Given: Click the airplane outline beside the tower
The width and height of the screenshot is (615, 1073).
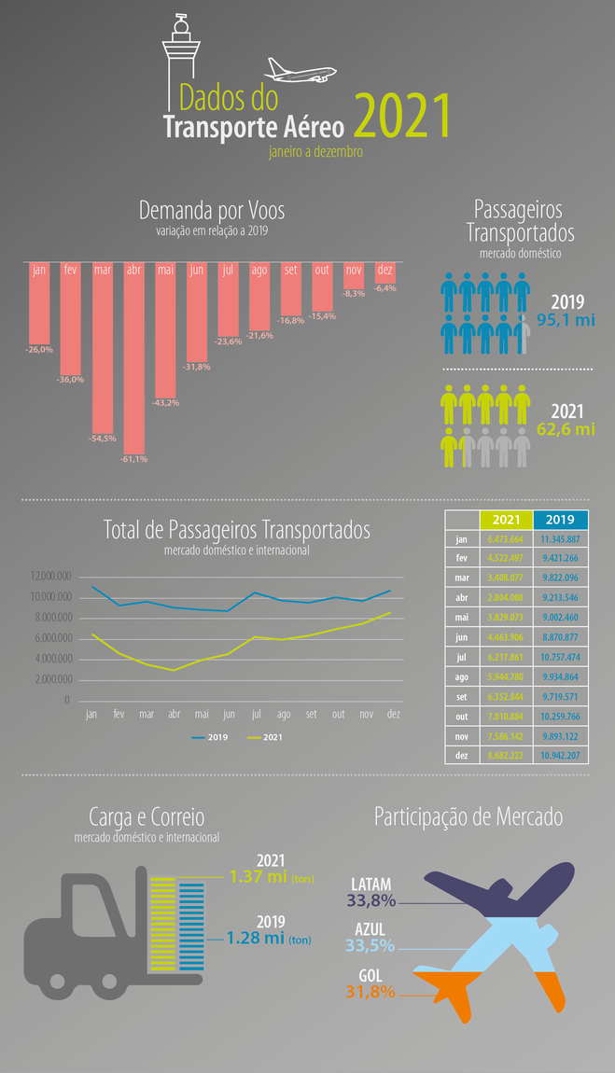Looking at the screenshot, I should [300, 71].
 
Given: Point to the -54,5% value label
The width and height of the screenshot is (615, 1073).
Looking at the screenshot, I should [102, 439].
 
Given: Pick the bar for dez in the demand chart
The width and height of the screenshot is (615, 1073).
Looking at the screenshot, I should [384, 272].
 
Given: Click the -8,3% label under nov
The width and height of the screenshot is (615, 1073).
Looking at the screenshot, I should [354, 294].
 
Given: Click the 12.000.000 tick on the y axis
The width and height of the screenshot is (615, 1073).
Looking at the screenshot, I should [44, 577].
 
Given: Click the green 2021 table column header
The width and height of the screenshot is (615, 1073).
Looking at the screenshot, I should [505, 520].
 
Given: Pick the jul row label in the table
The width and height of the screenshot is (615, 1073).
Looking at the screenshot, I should [461, 657].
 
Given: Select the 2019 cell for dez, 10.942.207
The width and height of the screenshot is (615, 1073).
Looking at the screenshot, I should [560, 756].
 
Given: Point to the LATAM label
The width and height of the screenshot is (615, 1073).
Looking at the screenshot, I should [370, 884].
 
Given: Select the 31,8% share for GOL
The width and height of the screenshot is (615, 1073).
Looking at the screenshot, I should [370, 992].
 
